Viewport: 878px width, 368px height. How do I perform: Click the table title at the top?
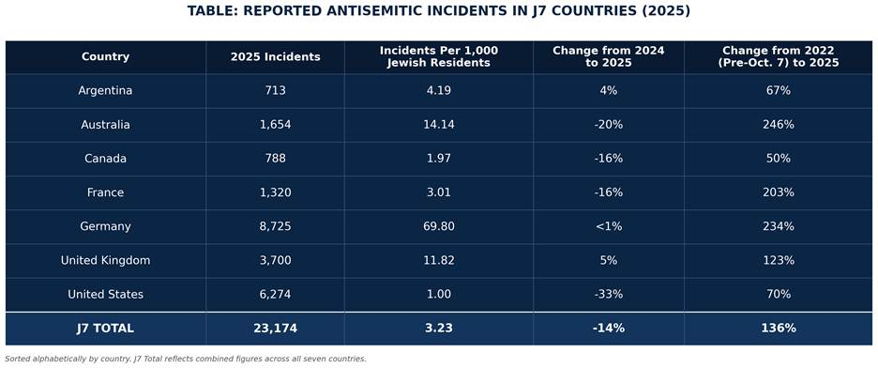pyautogui.click(x=438, y=11)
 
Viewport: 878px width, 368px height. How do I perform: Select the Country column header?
pyautogui.click(x=105, y=56)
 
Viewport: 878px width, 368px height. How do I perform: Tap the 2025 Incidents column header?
pyautogui.click(x=276, y=56)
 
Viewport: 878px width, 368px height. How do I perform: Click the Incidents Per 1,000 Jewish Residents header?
pyautogui.click(x=438, y=56)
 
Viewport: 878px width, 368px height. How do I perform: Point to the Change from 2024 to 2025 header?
pyautogui.click(x=609, y=56)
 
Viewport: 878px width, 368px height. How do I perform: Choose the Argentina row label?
pyautogui.click(x=105, y=91)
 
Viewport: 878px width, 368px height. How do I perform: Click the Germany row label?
pyautogui.click(x=105, y=226)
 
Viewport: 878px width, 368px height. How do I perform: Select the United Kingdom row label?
pyautogui.click(x=105, y=260)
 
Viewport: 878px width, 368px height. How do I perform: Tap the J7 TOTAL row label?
pyautogui.click(x=105, y=329)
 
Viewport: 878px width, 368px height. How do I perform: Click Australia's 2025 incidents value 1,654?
pyautogui.click(x=276, y=125)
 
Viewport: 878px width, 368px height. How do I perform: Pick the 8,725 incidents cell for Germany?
pyautogui.click(x=276, y=226)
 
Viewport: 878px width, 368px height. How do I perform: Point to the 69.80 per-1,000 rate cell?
pyautogui.click(x=438, y=226)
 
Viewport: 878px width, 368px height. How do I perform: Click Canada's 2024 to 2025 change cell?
pyautogui.click(x=609, y=159)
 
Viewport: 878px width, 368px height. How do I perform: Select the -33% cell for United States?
pyautogui.click(x=609, y=294)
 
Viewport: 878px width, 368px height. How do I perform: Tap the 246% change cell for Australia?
pyautogui.click(x=779, y=125)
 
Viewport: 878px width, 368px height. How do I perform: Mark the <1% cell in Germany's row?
pyautogui.click(x=609, y=226)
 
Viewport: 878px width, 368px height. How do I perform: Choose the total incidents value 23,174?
pyautogui.click(x=276, y=329)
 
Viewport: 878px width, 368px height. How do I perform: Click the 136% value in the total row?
pyautogui.click(x=779, y=329)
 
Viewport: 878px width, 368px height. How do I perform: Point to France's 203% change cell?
pyautogui.click(x=779, y=192)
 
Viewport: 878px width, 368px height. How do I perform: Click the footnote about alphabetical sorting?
pyautogui.click(x=186, y=359)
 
